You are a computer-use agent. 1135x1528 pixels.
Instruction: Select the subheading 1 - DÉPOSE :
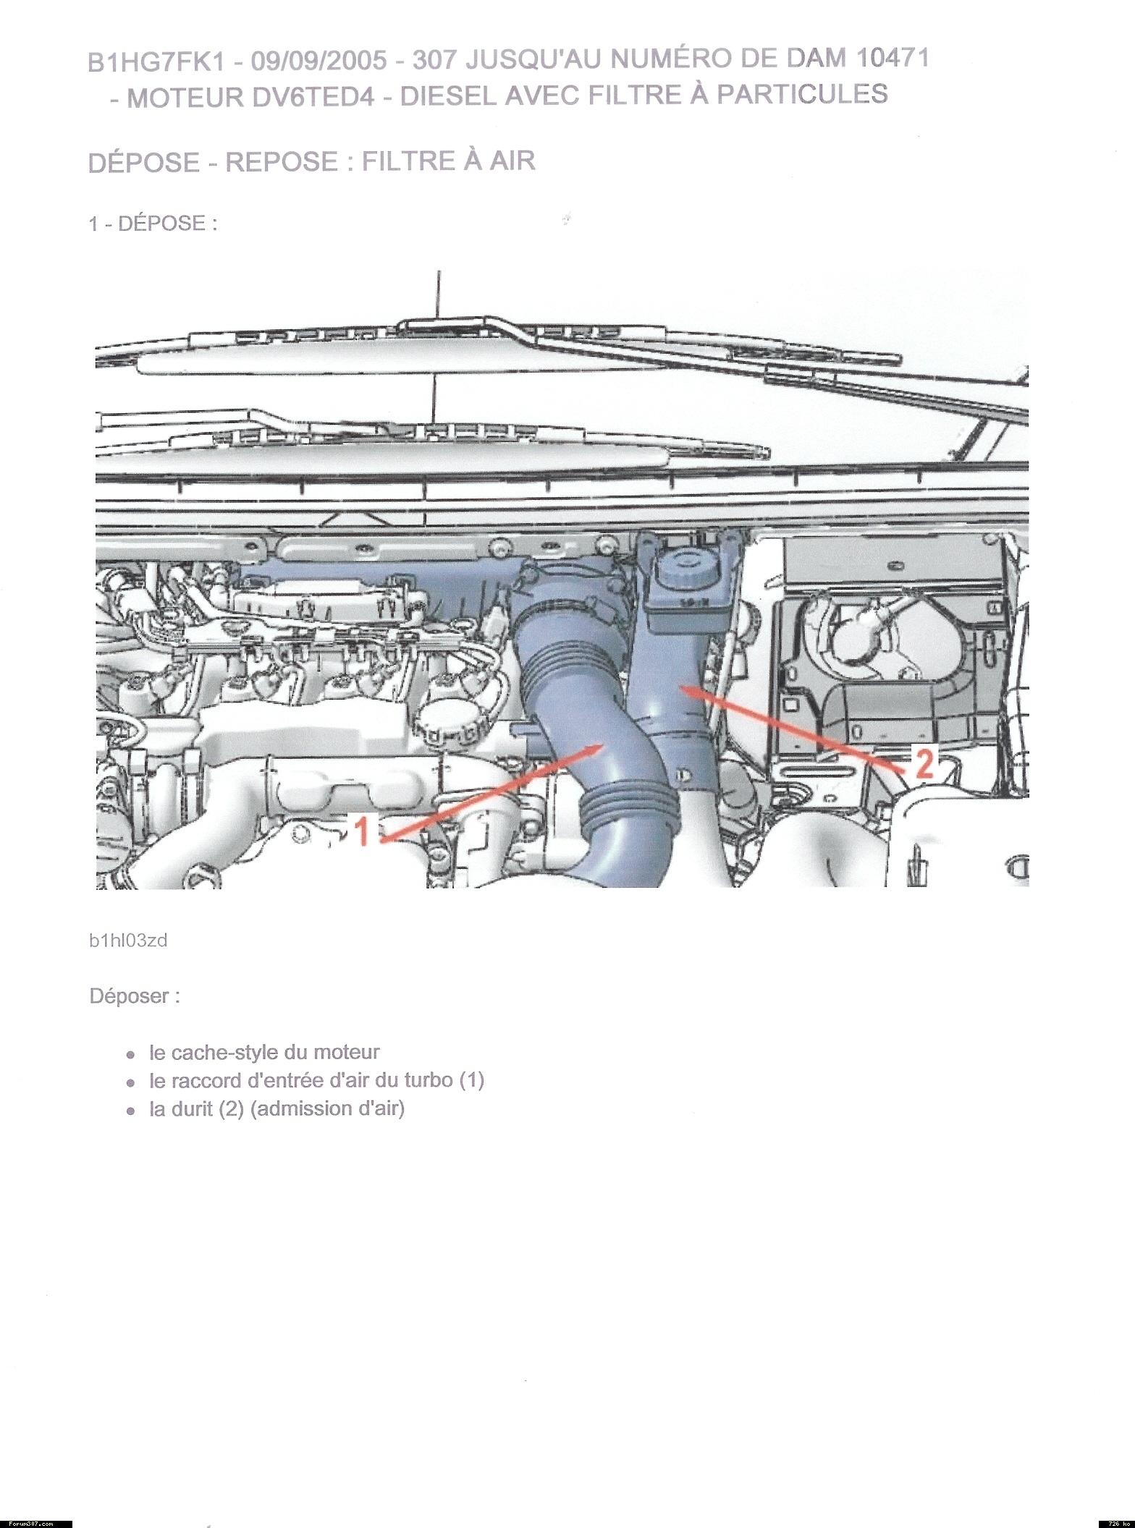(x=153, y=224)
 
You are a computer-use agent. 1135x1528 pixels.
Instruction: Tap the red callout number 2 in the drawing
(x=924, y=763)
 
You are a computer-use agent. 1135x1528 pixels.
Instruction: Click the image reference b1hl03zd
(x=128, y=941)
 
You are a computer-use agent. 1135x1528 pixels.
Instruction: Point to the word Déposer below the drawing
(x=135, y=996)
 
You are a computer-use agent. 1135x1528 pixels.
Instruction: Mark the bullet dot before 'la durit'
(x=130, y=1111)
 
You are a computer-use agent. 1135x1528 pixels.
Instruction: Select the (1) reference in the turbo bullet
(x=471, y=1080)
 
